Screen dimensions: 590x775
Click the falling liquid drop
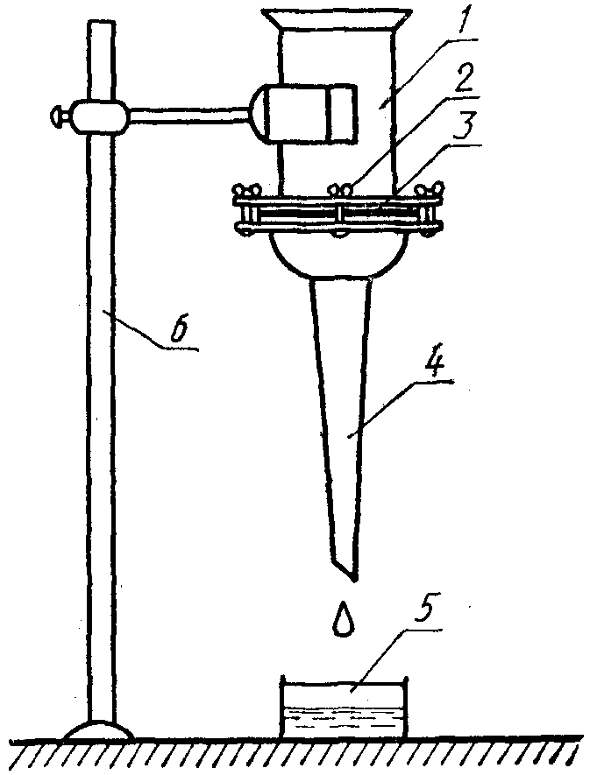[344, 619]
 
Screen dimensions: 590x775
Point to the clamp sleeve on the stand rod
[99, 115]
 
